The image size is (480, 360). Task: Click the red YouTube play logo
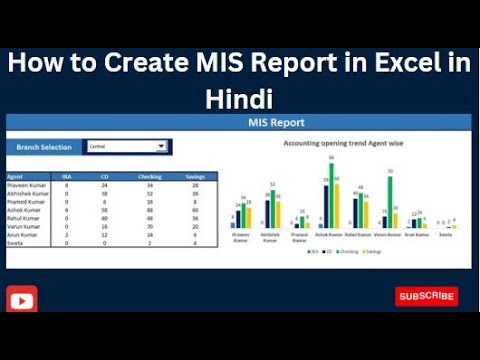pos(22,299)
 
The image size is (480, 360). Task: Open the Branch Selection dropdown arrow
pos(166,147)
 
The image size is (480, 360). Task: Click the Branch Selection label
pos(43,147)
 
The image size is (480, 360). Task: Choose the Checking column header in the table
pos(149,177)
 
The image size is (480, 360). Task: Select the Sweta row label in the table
pos(18,241)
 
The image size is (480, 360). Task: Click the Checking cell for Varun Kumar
pos(149,225)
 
